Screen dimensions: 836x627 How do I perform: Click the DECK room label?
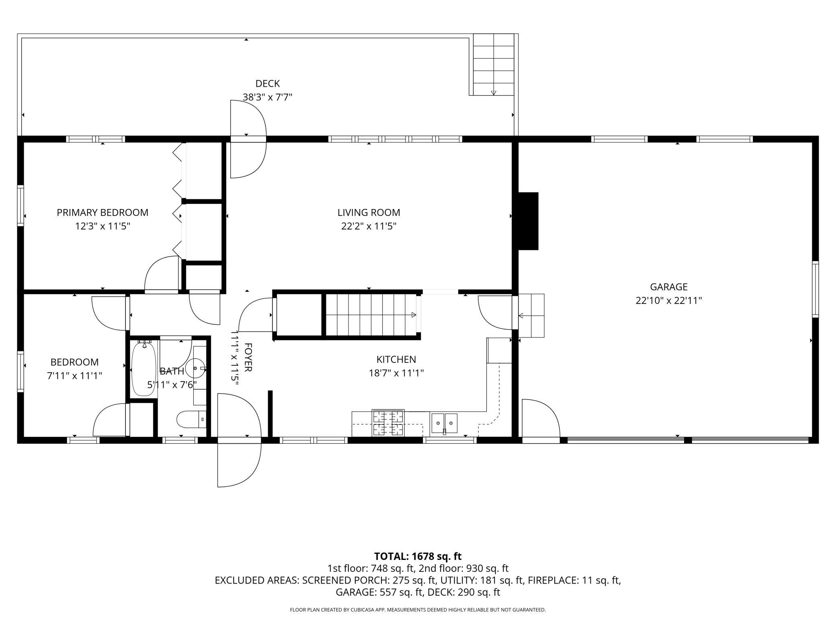268,84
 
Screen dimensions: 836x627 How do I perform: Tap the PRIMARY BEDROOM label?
102,213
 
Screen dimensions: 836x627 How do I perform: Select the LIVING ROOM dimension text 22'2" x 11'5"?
369,226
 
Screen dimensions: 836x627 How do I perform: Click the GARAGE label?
669,287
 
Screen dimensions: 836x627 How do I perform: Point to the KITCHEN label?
396,359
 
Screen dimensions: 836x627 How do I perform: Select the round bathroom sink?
197,367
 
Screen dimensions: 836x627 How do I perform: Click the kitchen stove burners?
388,423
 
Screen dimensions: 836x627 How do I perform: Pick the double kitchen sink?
444,424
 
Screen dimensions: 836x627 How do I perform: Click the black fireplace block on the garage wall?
528,221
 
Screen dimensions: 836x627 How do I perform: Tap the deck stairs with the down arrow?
494,65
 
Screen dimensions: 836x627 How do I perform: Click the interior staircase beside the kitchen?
371,314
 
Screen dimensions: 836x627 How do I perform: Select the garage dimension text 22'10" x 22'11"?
669,301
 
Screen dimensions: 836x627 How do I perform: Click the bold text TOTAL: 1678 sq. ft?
418,556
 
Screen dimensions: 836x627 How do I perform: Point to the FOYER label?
248,357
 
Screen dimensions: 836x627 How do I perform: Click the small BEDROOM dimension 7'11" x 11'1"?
74,376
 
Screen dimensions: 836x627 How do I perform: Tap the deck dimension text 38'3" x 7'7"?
267,97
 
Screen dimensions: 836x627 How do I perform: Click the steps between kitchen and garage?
531,316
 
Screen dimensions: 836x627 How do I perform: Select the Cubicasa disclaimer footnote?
418,610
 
